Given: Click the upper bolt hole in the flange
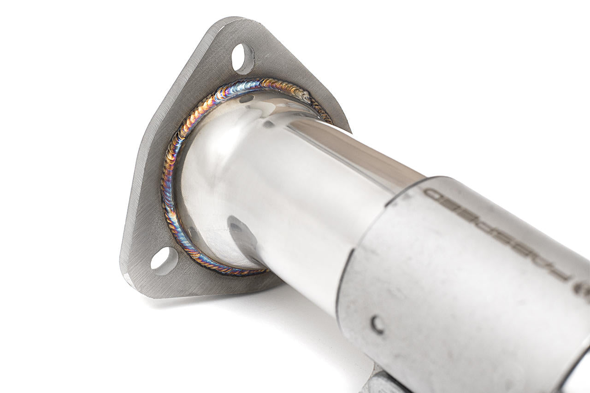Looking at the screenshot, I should pos(242,59).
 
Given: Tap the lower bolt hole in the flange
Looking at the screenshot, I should pos(164,261).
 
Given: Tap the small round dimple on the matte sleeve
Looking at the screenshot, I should pos(378,324).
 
